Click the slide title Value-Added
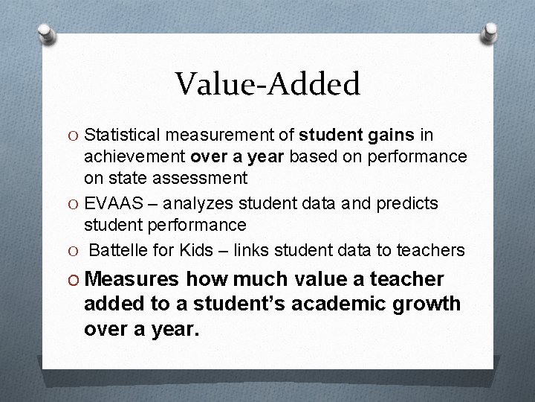(267, 83)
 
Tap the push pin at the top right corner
(490, 32)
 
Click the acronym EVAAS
(110, 203)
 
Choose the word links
(253, 249)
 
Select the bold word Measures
(132, 279)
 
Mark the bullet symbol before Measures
(72, 280)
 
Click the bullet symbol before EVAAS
(72, 204)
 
